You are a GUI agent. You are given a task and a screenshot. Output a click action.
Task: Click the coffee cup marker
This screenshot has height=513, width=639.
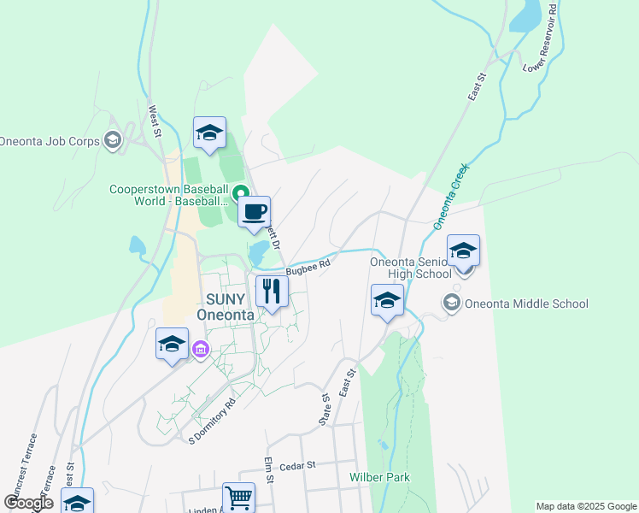(x=253, y=210)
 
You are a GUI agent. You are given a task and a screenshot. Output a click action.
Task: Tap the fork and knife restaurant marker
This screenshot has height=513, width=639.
(x=272, y=292)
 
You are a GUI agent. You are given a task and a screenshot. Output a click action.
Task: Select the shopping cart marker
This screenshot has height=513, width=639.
(x=238, y=497)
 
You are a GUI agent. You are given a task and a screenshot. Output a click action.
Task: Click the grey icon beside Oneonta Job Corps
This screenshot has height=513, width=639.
(x=112, y=140)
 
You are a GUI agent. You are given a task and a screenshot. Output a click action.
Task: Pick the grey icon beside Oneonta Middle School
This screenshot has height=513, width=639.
(x=450, y=303)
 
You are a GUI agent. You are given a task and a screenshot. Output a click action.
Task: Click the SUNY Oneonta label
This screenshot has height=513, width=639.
(x=226, y=307)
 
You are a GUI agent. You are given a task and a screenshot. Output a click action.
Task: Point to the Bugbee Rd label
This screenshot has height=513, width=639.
(x=308, y=268)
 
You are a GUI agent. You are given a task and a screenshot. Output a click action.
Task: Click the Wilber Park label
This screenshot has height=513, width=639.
(x=379, y=477)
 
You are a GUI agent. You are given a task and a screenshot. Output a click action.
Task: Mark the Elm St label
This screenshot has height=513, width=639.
(x=268, y=470)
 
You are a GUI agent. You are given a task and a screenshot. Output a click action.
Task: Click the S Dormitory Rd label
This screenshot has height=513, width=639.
(x=212, y=422)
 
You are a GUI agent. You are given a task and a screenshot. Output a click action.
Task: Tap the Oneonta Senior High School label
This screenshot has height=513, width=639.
(x=410, y=268)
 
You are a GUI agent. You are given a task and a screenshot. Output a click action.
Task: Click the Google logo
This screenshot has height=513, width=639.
(x=28, y=503)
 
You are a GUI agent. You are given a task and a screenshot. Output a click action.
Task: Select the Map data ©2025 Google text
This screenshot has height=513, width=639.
(x=586, y=506)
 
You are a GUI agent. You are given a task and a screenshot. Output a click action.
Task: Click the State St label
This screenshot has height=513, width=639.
(x=325, y=409)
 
